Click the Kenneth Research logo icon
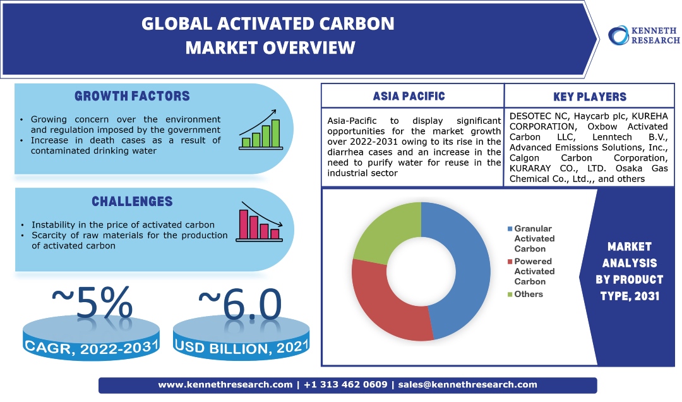click(x=618, y=35)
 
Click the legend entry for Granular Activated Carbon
click(x=531, y=239)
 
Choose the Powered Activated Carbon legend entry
click(x=531, y=271)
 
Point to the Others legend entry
click(x=525, y=294)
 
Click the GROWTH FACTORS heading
click(x=132, y=96)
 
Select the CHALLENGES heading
click(x=132, y=201)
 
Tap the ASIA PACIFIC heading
click(x=409, y=96)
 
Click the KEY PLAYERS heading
click(x=590, y=97)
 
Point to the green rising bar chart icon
click(x=261, y=130)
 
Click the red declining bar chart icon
click(x=260, y=222)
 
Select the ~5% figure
click(x=92, y=302)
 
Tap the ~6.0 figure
click(x=240, y=303)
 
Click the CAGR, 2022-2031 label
click(x=92, y=348)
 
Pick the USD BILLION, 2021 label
click(x=241, y=347)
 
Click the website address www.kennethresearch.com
click(x=225, y=385)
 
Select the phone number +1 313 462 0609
click(x=345, y=384)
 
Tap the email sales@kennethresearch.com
click(x=467, y=385)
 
